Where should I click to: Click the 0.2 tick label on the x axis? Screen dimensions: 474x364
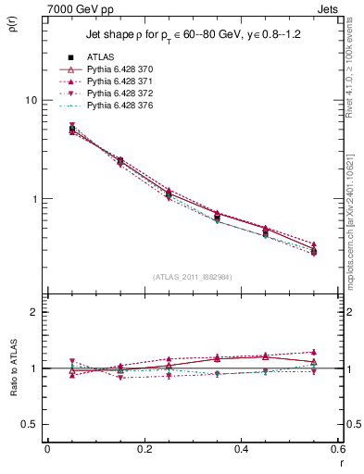144,449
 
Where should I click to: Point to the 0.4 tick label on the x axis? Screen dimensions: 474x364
241,449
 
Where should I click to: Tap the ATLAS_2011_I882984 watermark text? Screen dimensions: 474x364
192,276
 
